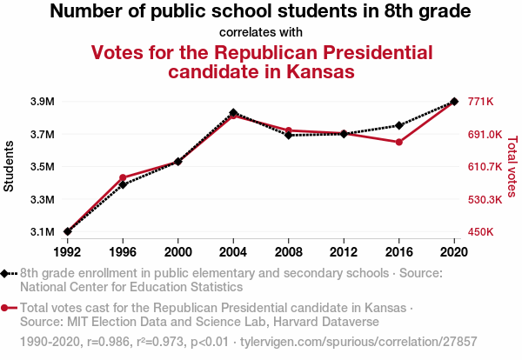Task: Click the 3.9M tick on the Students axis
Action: (42, 102)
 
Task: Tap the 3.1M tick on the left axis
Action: (42, 232)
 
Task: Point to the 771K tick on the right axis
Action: (481, 102)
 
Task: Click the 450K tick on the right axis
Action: (481, 232)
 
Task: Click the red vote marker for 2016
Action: (398, 142)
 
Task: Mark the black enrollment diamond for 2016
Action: (398, 126)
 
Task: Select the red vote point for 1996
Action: (123, 177)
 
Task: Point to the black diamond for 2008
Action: (289, 135)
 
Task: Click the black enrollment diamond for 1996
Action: (123, 184)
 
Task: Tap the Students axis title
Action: (10, 167)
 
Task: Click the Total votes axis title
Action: (512, 167)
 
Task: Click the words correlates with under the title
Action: (260, 33)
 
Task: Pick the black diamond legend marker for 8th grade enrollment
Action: (6, 273)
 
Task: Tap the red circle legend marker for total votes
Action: (6, 308)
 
